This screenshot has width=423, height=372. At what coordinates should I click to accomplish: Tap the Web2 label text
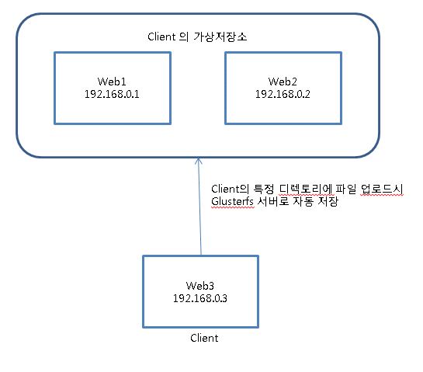pyautogui.click(x=283, y=82)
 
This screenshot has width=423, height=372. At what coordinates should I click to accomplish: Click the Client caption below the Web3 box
pyautogui.click(x=204, y=338)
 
